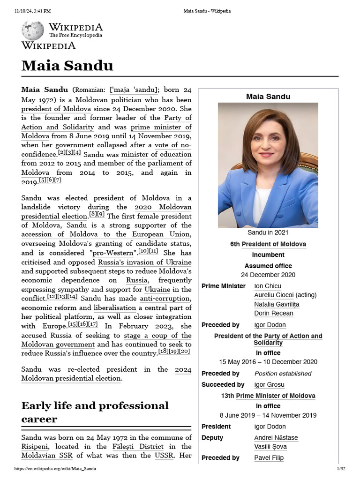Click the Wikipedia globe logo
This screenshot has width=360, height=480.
[32, 30]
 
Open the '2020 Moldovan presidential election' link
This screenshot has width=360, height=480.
[163, 207]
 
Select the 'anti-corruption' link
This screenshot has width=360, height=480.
[159, 299]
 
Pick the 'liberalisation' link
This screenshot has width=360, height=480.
[115, 308]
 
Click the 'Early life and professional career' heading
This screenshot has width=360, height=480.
[95, 412]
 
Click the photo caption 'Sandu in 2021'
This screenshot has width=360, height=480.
[268, 232]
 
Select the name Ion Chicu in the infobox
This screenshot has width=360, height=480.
[268, 286]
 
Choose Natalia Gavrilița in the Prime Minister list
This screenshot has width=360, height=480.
[277, 304]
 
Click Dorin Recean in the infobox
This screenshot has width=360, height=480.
[274, 313]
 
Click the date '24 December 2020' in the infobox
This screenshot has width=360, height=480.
[268, 275]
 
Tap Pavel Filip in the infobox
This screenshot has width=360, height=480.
[269, 457]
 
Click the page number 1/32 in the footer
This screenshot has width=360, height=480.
[341, 469]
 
